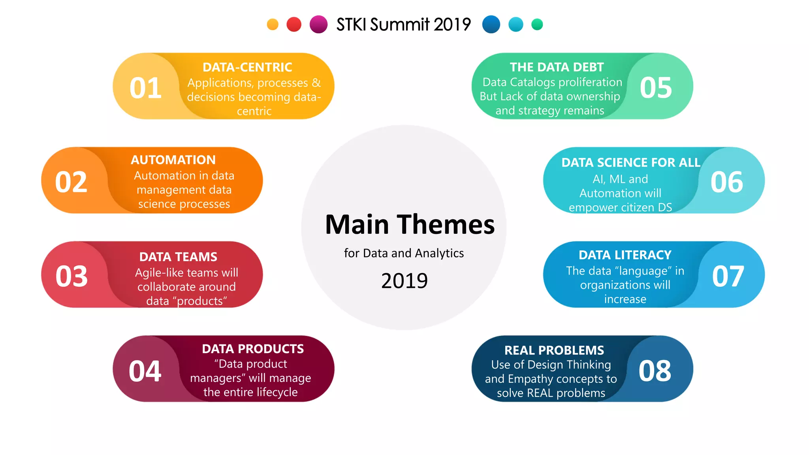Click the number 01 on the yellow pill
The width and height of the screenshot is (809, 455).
(x=145, y=88)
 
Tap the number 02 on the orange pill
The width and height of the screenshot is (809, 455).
(x=71, y=182)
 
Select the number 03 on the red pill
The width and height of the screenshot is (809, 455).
(x=71, y=276)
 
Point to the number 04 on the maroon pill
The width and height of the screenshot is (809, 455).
(x=145, y=371)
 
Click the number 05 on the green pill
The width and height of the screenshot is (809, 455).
(x=656, y=88)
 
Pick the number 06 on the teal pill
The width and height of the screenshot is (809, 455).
(x=727, y=182)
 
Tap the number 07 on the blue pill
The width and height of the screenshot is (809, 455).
(x=728, y=276)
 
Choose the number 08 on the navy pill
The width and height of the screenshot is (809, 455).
(x=655, y=371)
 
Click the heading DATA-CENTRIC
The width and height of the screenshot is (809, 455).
(x=247, y=67)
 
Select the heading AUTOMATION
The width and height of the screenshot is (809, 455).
(x=173, y=160)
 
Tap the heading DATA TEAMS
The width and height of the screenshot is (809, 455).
(x=178, y=257)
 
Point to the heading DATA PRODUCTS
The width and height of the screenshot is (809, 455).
(x=253, y=349)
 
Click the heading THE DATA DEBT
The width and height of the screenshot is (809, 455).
(x=557, y=67)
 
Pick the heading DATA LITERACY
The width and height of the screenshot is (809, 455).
(x=625, y=255)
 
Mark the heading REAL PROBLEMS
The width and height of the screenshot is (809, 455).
(x=554, y=350)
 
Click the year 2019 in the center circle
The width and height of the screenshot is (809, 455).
(x=404, y=281)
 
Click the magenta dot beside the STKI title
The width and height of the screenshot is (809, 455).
(x=318, y=24)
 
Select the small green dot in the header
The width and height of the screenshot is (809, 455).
(x=537, y=24)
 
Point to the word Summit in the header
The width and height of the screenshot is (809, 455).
(x=399, y=24)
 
